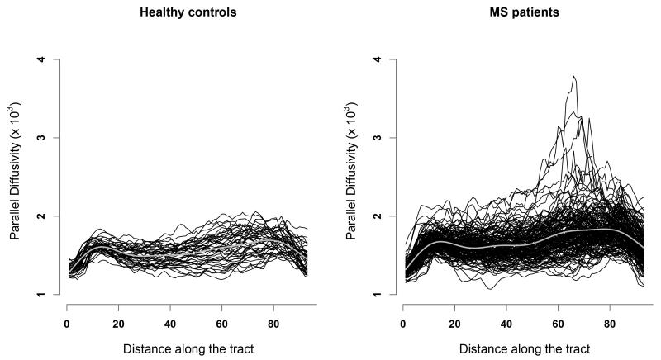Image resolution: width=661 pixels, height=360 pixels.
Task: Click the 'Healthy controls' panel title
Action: (x=188, y=13)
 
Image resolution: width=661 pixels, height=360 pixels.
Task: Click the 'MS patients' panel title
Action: (x=525, y=13)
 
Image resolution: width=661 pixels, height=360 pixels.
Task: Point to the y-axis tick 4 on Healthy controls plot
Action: (x=46, y=59)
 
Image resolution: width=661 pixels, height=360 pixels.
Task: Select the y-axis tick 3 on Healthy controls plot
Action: (x=46, y=138)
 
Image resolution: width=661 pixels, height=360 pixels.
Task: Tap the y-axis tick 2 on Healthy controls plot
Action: (x=46, y=216)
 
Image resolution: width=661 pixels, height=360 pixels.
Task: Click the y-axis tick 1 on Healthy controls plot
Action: (x=46, y=294)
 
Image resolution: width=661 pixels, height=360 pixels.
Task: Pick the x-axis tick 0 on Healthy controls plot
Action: (x=66, y=323)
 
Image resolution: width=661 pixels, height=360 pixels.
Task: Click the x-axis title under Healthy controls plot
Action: (x=188, y=349)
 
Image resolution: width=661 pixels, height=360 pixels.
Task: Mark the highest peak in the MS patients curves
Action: (x=573, y=77)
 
